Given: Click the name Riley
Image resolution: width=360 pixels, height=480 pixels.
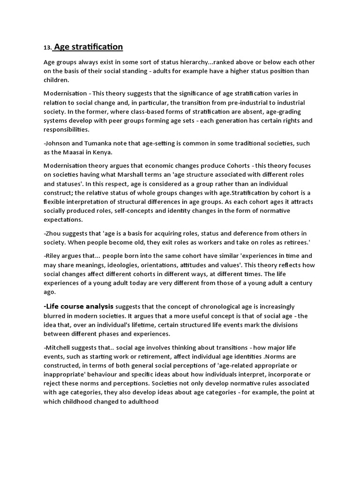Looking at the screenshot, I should click(54, 256).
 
